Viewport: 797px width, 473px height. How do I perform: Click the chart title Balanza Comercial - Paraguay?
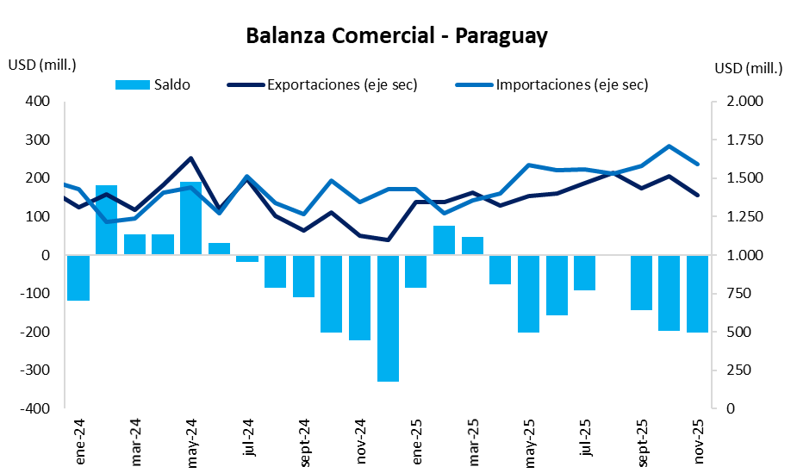397,36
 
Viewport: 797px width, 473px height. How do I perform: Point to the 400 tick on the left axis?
40,102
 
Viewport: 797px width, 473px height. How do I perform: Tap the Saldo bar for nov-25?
697,293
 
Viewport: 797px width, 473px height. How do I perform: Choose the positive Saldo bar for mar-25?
472,246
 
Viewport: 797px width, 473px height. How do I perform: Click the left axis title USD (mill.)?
42,65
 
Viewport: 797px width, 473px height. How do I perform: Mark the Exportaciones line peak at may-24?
190,159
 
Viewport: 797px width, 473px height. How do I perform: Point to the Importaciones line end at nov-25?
697,164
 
